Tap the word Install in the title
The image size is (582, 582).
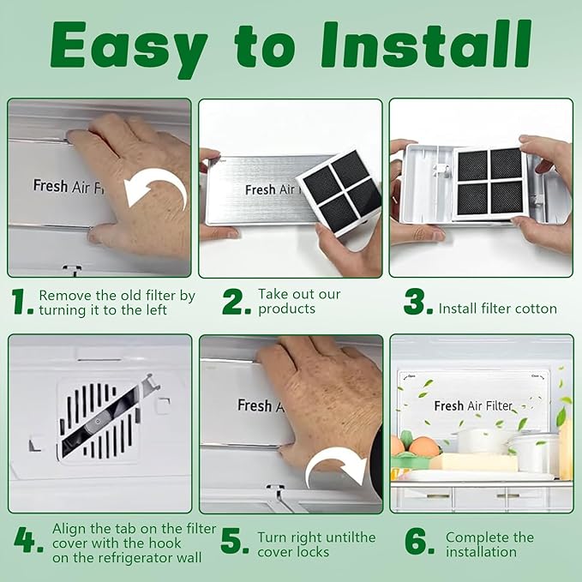point(426,45)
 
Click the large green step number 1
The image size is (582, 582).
point(21,302)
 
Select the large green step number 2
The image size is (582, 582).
point(237,302)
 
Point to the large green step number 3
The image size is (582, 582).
point(418,302)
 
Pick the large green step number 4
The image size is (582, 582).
point(28,540)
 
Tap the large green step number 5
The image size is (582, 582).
point(234,540)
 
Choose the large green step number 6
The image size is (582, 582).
point(419,540)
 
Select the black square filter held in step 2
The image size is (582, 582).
point(339,192)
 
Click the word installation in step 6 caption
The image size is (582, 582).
point(481,552)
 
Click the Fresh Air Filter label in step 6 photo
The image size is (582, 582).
point(473,405)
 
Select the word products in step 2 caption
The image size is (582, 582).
point(287,309)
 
